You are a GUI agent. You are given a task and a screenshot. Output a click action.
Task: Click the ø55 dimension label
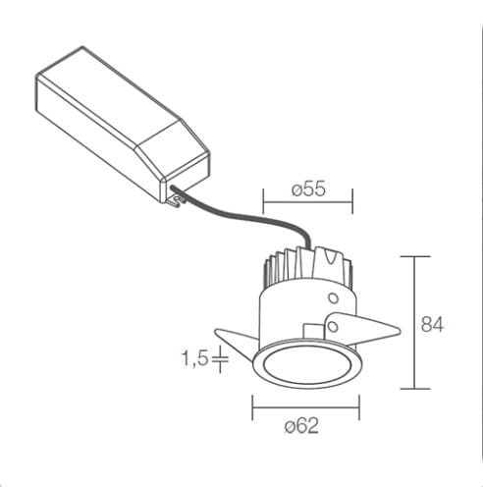[308, 189]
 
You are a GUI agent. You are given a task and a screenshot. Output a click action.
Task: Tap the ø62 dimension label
[301, 426]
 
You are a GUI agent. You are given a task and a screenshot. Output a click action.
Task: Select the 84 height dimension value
[432, 324]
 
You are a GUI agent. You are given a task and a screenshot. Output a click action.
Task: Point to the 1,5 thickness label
[194, 358]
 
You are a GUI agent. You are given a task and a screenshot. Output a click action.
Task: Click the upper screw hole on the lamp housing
[333, 298]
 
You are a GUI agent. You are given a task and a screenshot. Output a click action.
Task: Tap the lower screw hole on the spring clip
[333, 327]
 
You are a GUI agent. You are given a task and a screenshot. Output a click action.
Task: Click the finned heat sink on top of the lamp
[308, 265]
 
